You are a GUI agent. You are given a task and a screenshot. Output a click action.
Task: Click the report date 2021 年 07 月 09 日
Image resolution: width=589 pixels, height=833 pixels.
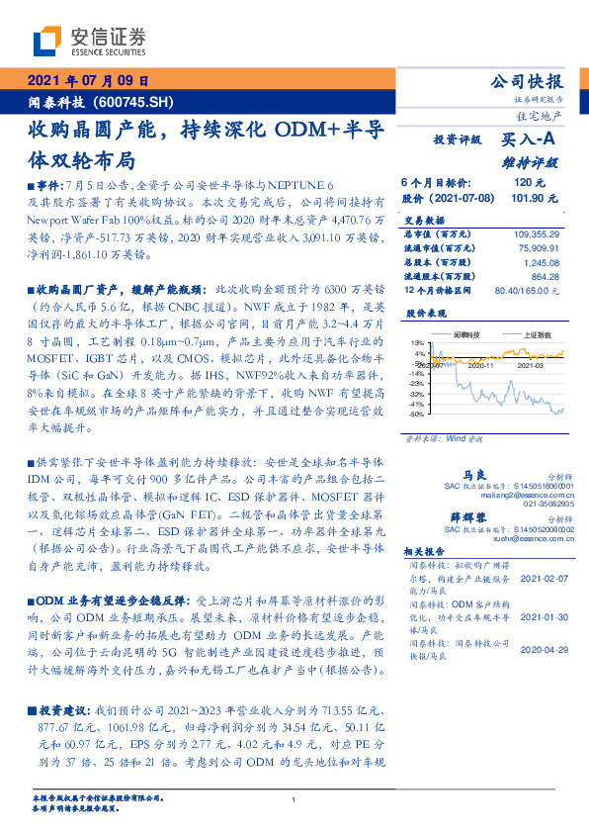(x=86, y=80)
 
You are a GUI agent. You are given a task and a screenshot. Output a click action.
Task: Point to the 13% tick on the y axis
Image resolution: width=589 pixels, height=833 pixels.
(x=419, y=342)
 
